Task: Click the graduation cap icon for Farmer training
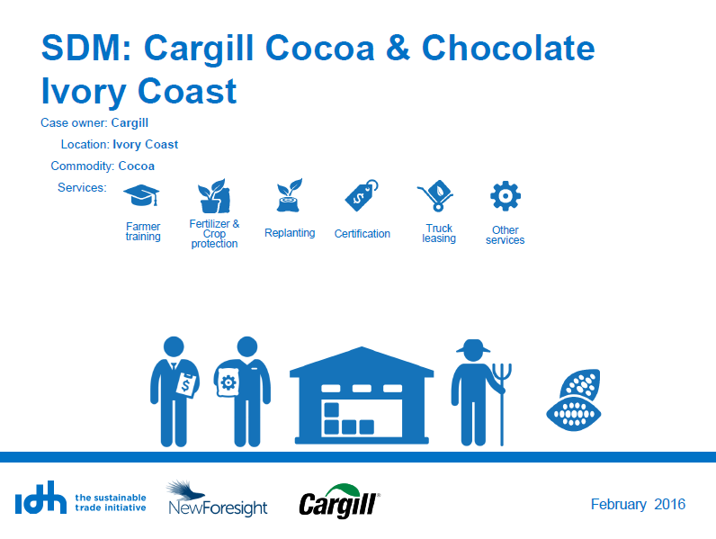(x=141, y=195)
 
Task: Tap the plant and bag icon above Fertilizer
(x=214, y=196)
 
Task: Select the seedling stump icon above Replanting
(x=289, y=195)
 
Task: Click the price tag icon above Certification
(x=362, y=195)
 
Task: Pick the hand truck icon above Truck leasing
(x=435, y=195)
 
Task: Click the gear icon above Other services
(x=505, y=196)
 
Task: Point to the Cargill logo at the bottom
(x=339, y=501)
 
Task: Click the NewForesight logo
(x=218, y=499)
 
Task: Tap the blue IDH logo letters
(x=40, y=498)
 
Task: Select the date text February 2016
(x=638, y=504)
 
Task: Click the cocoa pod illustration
(x=574, y=400)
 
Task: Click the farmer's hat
(x=473, y=346)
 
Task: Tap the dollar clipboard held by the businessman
(x=187, y=385)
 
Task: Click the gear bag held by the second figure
(x=228, y=382)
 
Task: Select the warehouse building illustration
(x=362, y=396)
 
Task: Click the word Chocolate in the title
(x=508, y=48)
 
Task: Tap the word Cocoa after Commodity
(x=137, y=166)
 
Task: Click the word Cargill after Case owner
(x=130, y=123)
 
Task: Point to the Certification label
(x=362, y=234)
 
